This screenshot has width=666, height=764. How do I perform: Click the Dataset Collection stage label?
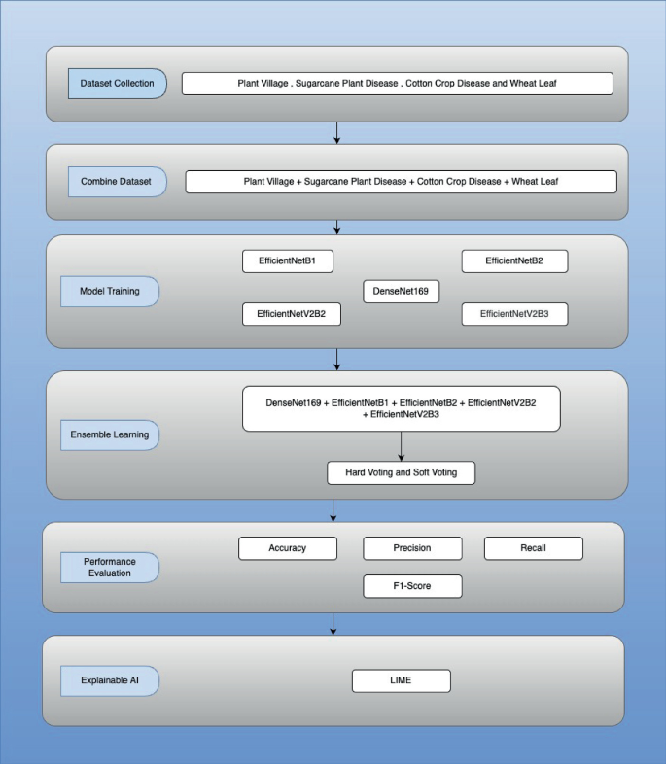click(117, 84)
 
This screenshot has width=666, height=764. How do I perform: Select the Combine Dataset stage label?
click(117, 182)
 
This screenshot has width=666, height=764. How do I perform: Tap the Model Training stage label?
click(110, 291)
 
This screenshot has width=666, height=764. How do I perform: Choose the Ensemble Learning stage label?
click(110, 434)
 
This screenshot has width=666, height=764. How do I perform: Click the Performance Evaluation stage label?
click(110, 567)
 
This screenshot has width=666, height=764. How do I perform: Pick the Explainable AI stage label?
click(110, 680)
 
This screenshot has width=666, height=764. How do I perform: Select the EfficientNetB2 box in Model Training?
click(513, 262)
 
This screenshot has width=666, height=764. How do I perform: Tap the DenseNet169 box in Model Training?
click(401, 291)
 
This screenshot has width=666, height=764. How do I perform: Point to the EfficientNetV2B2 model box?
click(292, 315)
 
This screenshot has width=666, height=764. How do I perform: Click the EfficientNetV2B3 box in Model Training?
click(513, 315)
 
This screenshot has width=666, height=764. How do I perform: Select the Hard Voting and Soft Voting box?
click(401, 473)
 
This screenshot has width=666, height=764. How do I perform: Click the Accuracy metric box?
click(288, 548)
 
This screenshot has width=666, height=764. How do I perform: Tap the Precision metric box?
click(412, 548)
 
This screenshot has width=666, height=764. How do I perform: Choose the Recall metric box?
click(533, 548)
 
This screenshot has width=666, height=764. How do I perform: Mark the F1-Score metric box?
click(412, 586)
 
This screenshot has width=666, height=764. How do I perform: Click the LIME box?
click(401, 680)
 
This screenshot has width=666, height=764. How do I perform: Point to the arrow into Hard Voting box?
click(402, 446)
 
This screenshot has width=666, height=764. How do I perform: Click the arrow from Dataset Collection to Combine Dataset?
click(336, 133)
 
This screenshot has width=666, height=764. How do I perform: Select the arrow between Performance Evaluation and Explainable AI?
click(333, 624)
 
